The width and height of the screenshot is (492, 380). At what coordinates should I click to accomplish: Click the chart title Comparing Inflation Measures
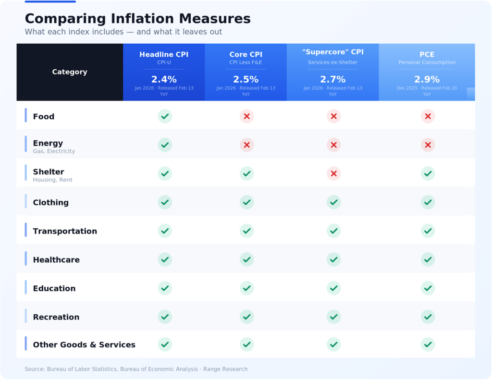coord(137,19)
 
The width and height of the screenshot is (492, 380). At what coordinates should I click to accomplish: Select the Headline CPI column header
coord(164,55)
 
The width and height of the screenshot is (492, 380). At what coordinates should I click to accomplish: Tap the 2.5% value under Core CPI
coord(246,79)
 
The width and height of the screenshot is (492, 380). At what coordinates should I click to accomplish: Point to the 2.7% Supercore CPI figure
coord(332,79)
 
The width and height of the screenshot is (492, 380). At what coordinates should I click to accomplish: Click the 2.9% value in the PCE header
coord(427,79)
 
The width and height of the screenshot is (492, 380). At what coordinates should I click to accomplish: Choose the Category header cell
coord(70,72)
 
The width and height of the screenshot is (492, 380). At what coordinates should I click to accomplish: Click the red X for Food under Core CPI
coord(247,116)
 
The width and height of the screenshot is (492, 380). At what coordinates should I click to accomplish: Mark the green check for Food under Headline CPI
coord(165,116)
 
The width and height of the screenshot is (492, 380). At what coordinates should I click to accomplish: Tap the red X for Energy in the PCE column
coord(428,145)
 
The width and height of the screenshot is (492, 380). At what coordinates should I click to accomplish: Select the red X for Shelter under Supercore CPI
coord(333,173)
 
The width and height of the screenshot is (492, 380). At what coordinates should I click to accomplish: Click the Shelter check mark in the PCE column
coord(428,173)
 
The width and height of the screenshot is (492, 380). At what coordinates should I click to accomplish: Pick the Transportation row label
coord(65,231)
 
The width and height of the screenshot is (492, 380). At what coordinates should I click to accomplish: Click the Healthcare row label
coord(56,260)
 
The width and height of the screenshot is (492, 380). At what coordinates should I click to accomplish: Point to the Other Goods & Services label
coord(84,344)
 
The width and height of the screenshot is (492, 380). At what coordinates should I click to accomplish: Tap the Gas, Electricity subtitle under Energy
coord(54,151)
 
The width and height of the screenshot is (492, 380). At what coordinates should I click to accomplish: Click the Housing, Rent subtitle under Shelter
coord(53,180)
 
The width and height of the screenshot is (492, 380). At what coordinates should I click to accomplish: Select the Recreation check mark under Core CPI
coord(247,317)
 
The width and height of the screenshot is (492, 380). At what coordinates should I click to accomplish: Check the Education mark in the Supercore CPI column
coord(333,288)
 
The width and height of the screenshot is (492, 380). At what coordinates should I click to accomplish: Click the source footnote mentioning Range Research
coord(136,369)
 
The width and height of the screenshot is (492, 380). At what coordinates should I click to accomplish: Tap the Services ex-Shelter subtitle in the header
coord(332,62)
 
